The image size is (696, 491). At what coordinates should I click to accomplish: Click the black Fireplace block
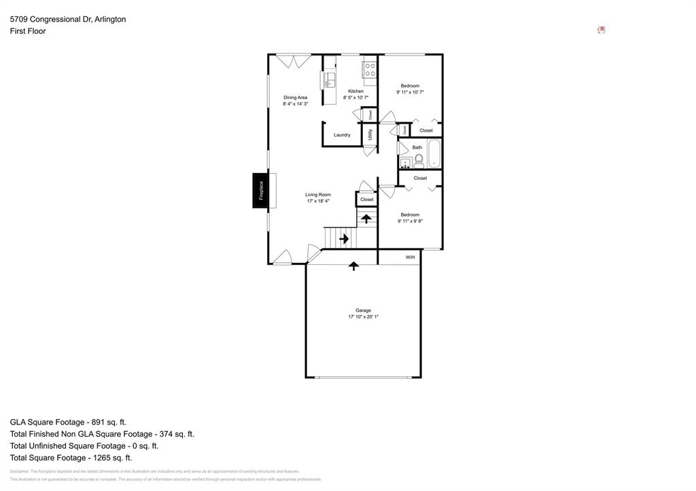(x=260, y=190)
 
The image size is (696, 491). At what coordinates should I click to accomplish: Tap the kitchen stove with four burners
(x=370, y=69)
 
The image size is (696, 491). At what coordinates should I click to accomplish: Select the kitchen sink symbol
(x=329, y=80)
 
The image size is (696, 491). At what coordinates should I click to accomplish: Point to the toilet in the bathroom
(x=419, y=161)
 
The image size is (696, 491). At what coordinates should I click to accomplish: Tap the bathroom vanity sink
(x=405, y=162)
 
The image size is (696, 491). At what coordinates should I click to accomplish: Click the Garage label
(x=363, y=310)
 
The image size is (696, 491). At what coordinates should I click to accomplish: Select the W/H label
(x=410, y=257)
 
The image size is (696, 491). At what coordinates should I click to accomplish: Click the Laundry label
(x=342, y=135)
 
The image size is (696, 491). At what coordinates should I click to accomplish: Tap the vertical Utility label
(x=370, y=134)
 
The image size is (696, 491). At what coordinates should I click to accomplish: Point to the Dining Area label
(x=295, y=97)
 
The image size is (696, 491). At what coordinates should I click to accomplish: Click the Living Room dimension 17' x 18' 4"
(x=318, y=201)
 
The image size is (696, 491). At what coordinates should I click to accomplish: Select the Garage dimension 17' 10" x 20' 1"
(x=363, y=317)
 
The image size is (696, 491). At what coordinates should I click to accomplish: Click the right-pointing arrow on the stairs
(x=344, y=238)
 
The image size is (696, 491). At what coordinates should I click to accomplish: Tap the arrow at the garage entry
(x=353, y=266)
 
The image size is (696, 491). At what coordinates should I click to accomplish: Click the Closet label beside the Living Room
(x=366, y=200)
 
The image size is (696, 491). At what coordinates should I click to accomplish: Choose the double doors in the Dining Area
(x=294, y=61)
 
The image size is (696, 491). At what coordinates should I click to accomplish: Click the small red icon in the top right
(x=601, y=30)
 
